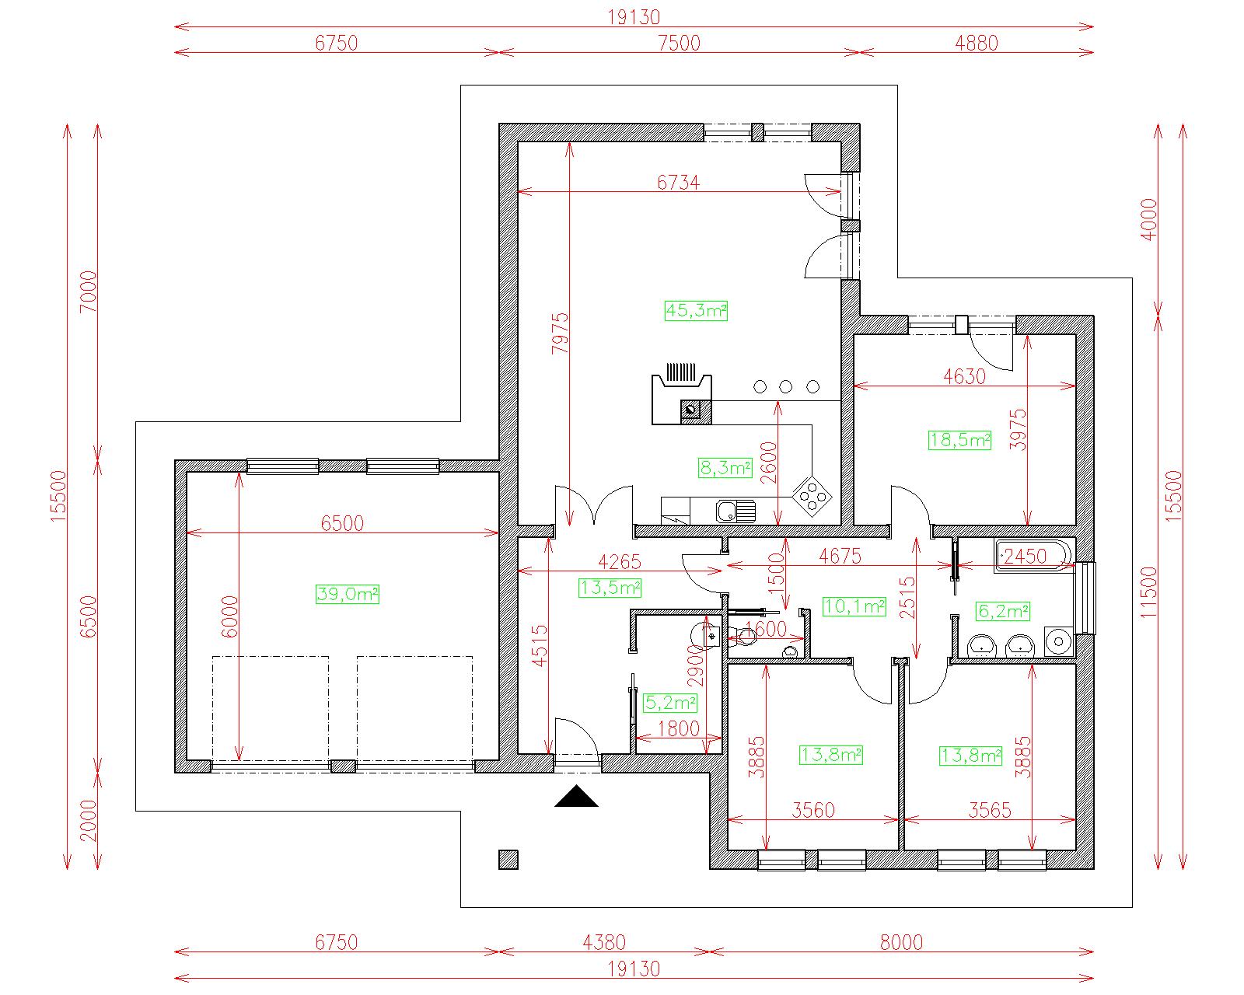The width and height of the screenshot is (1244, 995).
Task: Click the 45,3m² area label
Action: [696, 311]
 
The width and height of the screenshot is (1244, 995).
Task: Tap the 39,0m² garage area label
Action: [348, 594]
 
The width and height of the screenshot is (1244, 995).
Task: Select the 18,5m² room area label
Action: [959, 440]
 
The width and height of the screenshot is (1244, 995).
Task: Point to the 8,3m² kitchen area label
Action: [725, 468]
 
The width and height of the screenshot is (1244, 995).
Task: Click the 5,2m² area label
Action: [670, 703]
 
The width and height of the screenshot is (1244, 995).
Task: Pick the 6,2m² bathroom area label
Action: [1003, 611]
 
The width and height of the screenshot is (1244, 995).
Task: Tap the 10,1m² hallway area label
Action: [854, 606]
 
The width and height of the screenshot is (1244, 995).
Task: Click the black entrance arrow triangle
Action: [576, 795]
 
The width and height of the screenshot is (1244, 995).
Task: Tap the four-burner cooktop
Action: [812, 495]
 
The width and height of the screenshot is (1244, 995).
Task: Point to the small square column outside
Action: [508, 860]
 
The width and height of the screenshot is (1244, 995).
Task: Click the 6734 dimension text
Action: [678, 183]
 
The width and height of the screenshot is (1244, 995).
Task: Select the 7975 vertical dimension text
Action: [560, 333]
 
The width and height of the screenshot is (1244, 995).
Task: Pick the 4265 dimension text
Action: [620, 561]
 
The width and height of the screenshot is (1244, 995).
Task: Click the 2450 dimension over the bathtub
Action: [1025, 556]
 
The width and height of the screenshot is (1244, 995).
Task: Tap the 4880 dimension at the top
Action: [977, 43]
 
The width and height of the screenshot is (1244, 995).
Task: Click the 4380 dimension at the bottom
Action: [604, 942]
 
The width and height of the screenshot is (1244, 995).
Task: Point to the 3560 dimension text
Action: [813, 811]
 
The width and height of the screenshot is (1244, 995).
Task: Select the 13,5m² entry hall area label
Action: [610, 588]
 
